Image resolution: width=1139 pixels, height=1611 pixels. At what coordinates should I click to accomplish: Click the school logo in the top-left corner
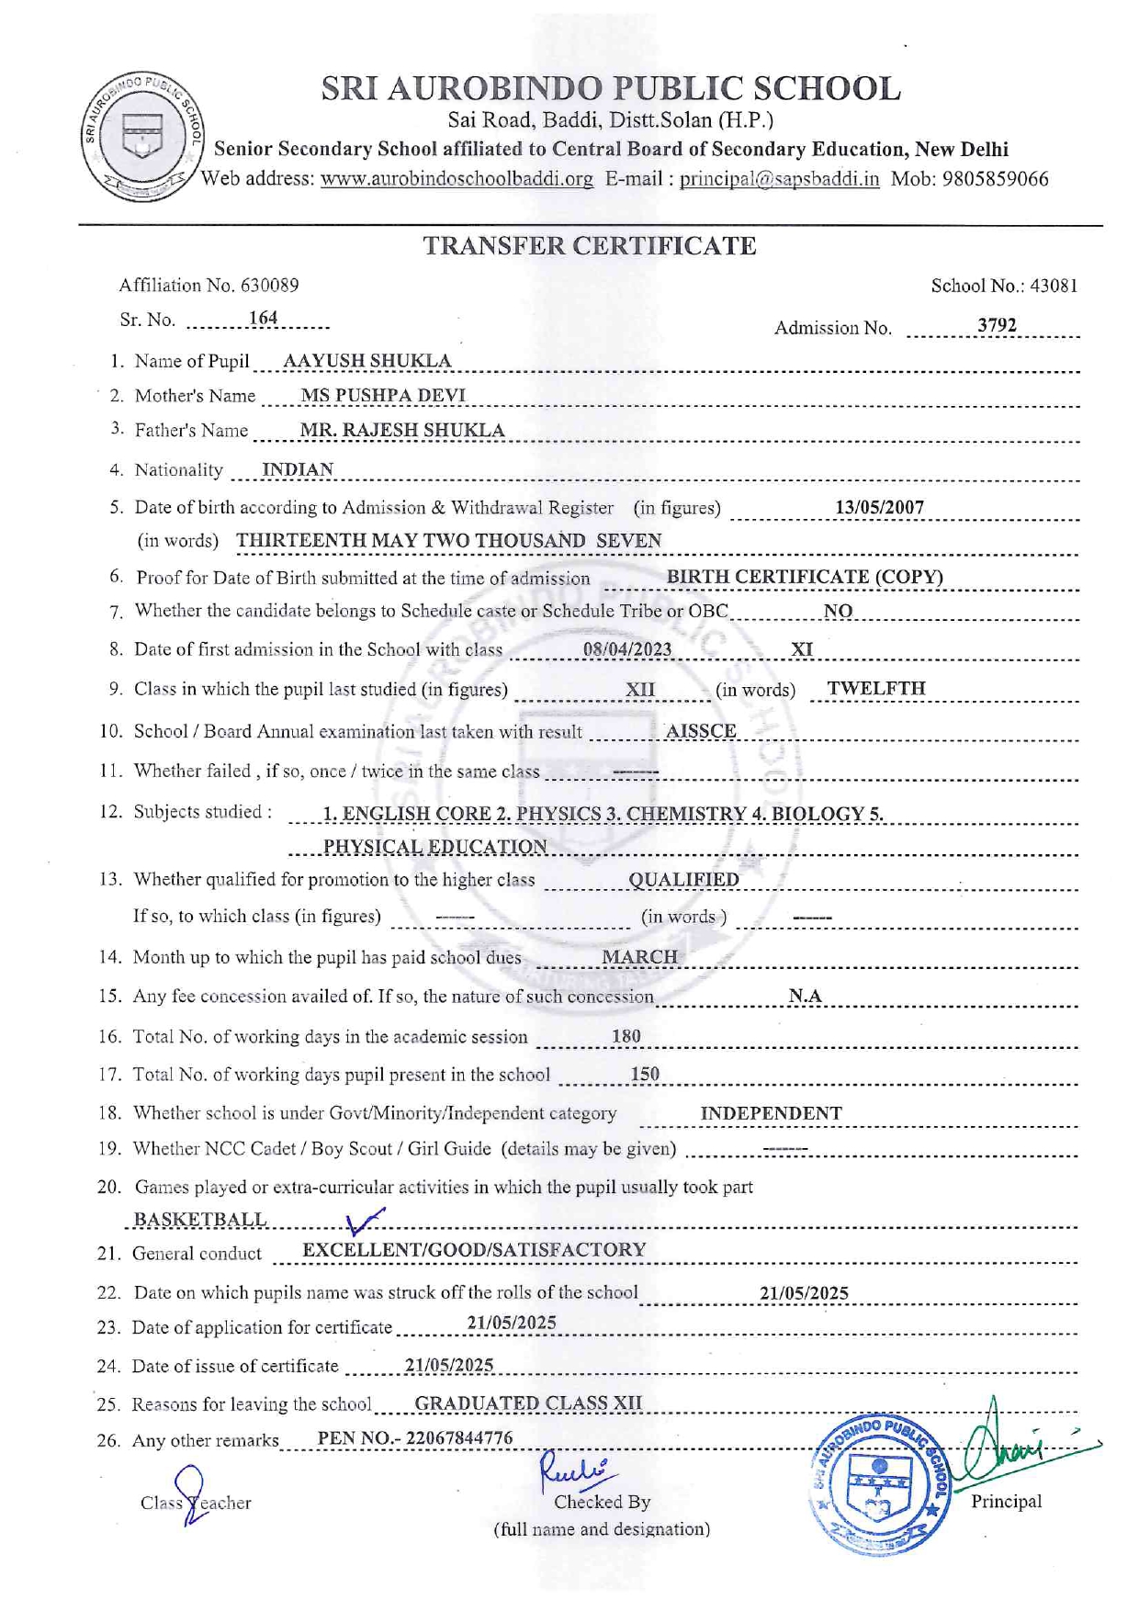(x=142, y=136)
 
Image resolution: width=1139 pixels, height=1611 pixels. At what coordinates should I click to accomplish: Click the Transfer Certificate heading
(x=589, y=246)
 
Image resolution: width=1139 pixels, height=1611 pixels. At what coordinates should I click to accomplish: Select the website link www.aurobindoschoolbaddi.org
(x=457, y=179)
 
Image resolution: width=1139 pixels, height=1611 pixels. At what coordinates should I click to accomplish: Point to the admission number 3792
(x=997, y=325)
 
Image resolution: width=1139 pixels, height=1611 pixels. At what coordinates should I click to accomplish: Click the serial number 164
(x=263, y=318)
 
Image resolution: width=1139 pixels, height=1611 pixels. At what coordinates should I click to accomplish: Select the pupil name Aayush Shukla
(x=367, y=361)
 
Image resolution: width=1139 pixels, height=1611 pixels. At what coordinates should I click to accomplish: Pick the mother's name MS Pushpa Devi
(x=383, y=396)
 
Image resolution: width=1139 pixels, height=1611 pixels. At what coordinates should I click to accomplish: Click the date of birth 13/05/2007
(x=879, y=507)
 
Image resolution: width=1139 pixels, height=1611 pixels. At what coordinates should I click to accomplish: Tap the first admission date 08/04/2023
(x=627, y=649)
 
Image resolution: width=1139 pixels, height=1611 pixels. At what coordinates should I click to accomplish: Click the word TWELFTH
(x=876, y=688)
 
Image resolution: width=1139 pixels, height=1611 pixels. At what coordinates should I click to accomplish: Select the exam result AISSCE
(x=701, y=731)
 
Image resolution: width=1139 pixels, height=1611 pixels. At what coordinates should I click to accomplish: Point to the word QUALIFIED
(x=683, y=880)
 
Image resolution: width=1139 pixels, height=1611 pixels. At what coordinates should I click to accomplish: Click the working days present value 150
(x=645, y=1074)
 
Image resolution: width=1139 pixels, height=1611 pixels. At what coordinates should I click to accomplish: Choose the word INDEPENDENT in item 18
(x=771, y=1113)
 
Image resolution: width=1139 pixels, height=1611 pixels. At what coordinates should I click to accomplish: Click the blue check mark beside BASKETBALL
(x=365, y=1221)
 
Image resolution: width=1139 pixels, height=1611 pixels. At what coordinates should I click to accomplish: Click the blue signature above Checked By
(x=574, y=1468)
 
